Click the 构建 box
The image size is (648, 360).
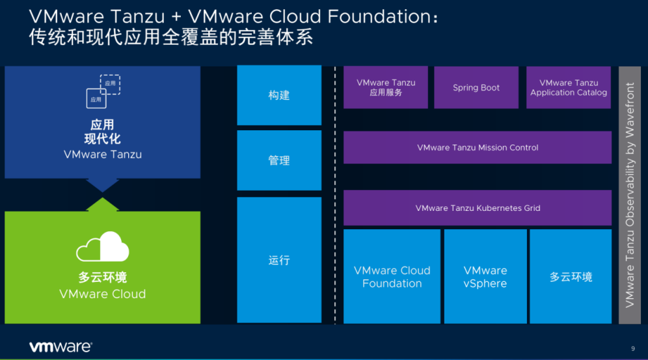click(279, 95)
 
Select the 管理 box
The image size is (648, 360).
click(279, 160)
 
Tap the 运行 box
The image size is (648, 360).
click(279, 260)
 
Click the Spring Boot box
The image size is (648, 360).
click(476, 87)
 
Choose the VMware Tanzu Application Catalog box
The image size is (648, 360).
click(569, 87)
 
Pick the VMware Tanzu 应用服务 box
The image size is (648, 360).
click(386, 87)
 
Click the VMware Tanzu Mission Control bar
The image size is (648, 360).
click(478, 148)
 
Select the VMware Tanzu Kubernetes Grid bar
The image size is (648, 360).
click(478, 208)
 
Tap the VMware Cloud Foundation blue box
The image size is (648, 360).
click(392, 277)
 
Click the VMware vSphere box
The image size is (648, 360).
click(485, 277)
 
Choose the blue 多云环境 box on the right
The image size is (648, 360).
click(571, 277)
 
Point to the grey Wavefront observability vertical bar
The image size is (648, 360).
click(630, 195)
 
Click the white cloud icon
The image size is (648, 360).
click(103, 248)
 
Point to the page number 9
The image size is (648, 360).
click(632, 349)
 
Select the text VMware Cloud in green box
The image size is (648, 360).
click(103, 294)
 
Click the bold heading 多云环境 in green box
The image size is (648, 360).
click(103, 277)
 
